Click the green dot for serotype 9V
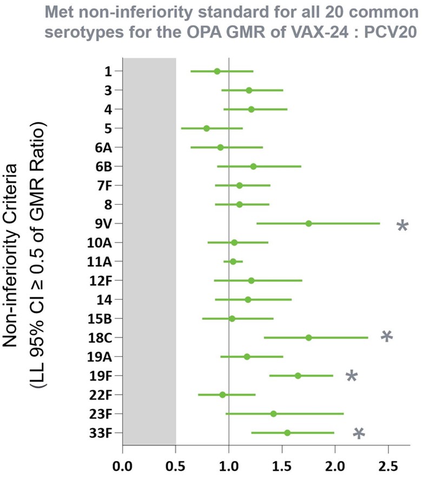tap(308, 223)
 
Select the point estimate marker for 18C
tap(308, 337)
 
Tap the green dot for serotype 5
tap(207, 128)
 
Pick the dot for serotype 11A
tap(233, 262)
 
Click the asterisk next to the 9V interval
tap(402, 226)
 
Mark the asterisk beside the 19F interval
tap(352, 376)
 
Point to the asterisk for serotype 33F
tap(359, 433)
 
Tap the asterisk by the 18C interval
tap(386, 337)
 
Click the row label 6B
tap(103, 166)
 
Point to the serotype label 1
tap(109, 71)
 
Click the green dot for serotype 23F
tap(273, 414)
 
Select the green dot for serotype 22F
tap(222, 395)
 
